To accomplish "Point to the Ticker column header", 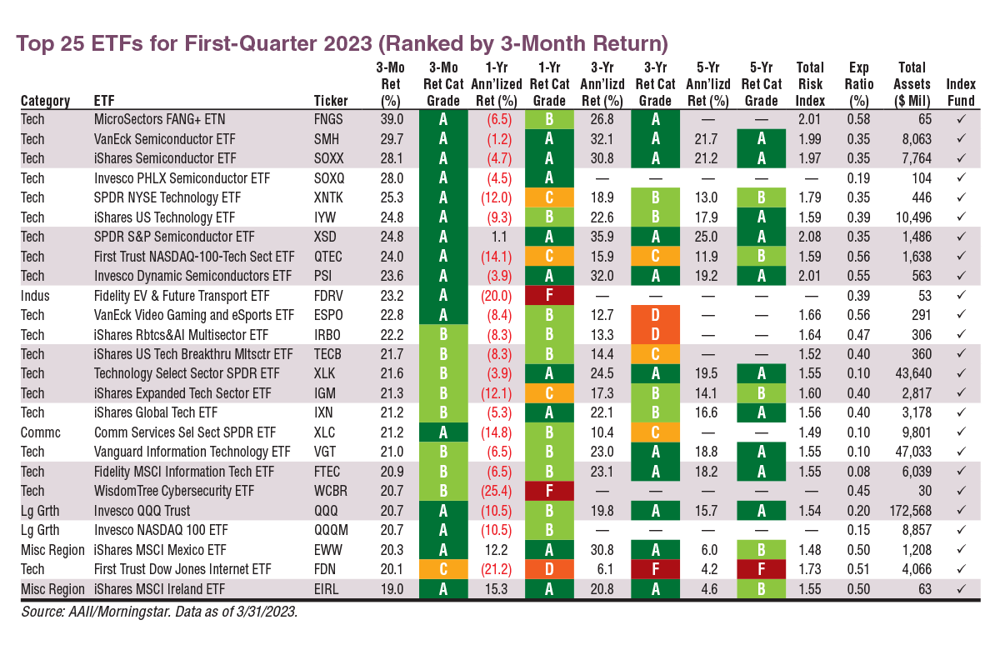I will [331, 101].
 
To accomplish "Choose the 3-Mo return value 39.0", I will [390, 119].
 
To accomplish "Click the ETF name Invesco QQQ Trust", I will [142, 511].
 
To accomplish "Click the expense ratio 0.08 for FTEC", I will [859, 472].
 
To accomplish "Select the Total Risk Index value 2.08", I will [810, 237].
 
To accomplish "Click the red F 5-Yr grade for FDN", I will [761, 570].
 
